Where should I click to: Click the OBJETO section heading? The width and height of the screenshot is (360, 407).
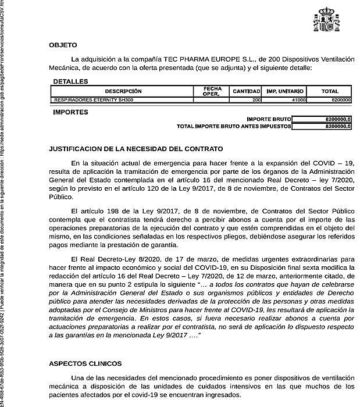tap(63, 45)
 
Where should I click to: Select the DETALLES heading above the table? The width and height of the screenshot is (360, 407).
tap(70, 81)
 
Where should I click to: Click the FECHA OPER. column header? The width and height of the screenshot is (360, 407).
tap(212, 91)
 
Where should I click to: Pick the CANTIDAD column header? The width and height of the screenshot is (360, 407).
tap(247, 91)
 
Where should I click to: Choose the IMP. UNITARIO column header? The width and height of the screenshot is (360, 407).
tap(285, 91)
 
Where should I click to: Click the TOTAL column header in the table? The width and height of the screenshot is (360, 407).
tap(330, 91)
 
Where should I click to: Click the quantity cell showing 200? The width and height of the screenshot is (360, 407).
tap(247, 100)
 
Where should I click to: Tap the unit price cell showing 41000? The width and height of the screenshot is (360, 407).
tap(285, 100)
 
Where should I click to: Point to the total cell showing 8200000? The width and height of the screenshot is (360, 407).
tap(330, 100)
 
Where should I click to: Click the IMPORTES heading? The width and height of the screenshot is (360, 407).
tap(70, 112)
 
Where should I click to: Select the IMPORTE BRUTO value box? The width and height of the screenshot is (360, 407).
tap(322, 119)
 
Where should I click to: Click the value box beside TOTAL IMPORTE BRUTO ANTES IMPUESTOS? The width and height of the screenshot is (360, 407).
tap(322, 126)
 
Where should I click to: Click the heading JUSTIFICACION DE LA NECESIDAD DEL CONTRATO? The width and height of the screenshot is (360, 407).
tap(136, 149)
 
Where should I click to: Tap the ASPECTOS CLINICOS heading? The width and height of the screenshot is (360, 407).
tap(85, 363)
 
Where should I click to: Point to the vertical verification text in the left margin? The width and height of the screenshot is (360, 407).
tap(5, 203)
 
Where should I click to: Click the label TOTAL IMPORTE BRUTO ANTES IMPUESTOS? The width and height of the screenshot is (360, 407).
tap(233, 126)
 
